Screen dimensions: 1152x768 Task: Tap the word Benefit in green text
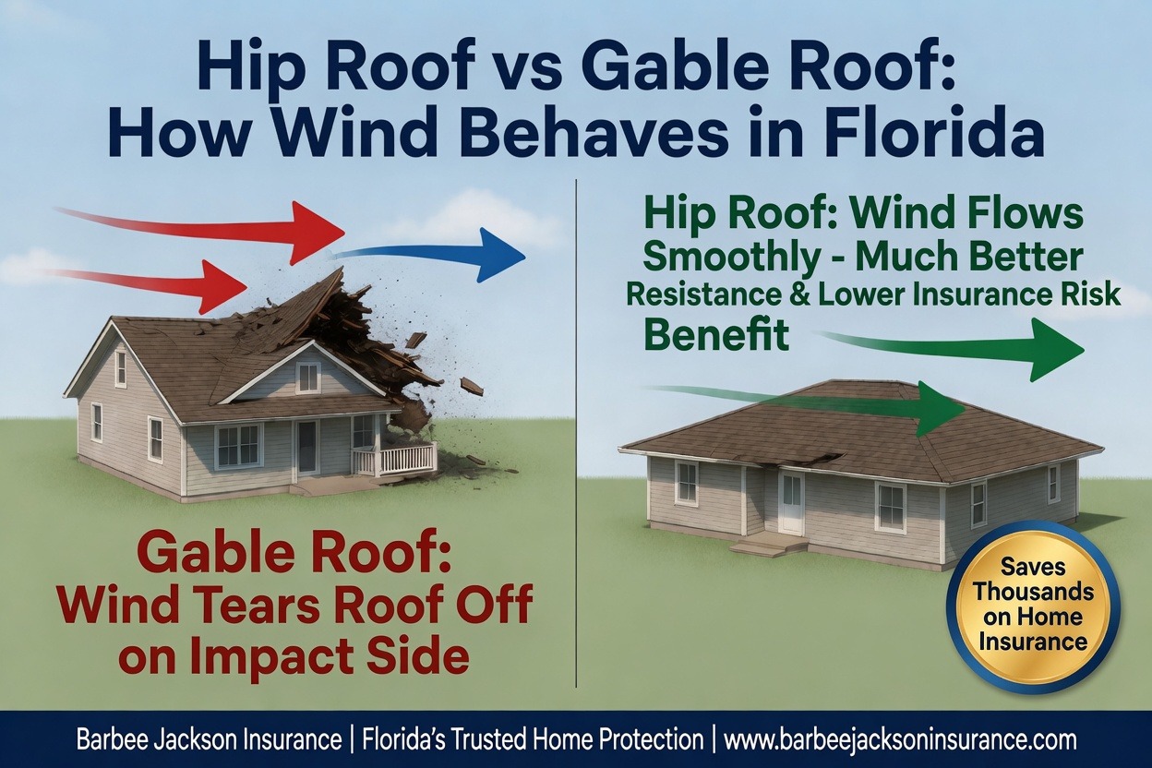click(716, 334)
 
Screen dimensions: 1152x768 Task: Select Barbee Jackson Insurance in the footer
click(209, 740)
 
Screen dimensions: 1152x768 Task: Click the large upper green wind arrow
click(952, 349)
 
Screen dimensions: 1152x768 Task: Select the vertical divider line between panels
click(577, 432)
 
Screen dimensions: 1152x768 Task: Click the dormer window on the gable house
click(308, 378)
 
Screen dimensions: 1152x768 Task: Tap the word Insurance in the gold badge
click(1033, 642)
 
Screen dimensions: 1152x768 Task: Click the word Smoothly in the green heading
click(731, 257)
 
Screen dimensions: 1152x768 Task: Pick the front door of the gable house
click(308, 446)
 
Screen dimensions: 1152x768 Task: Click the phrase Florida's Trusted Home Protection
click(533, 740)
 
